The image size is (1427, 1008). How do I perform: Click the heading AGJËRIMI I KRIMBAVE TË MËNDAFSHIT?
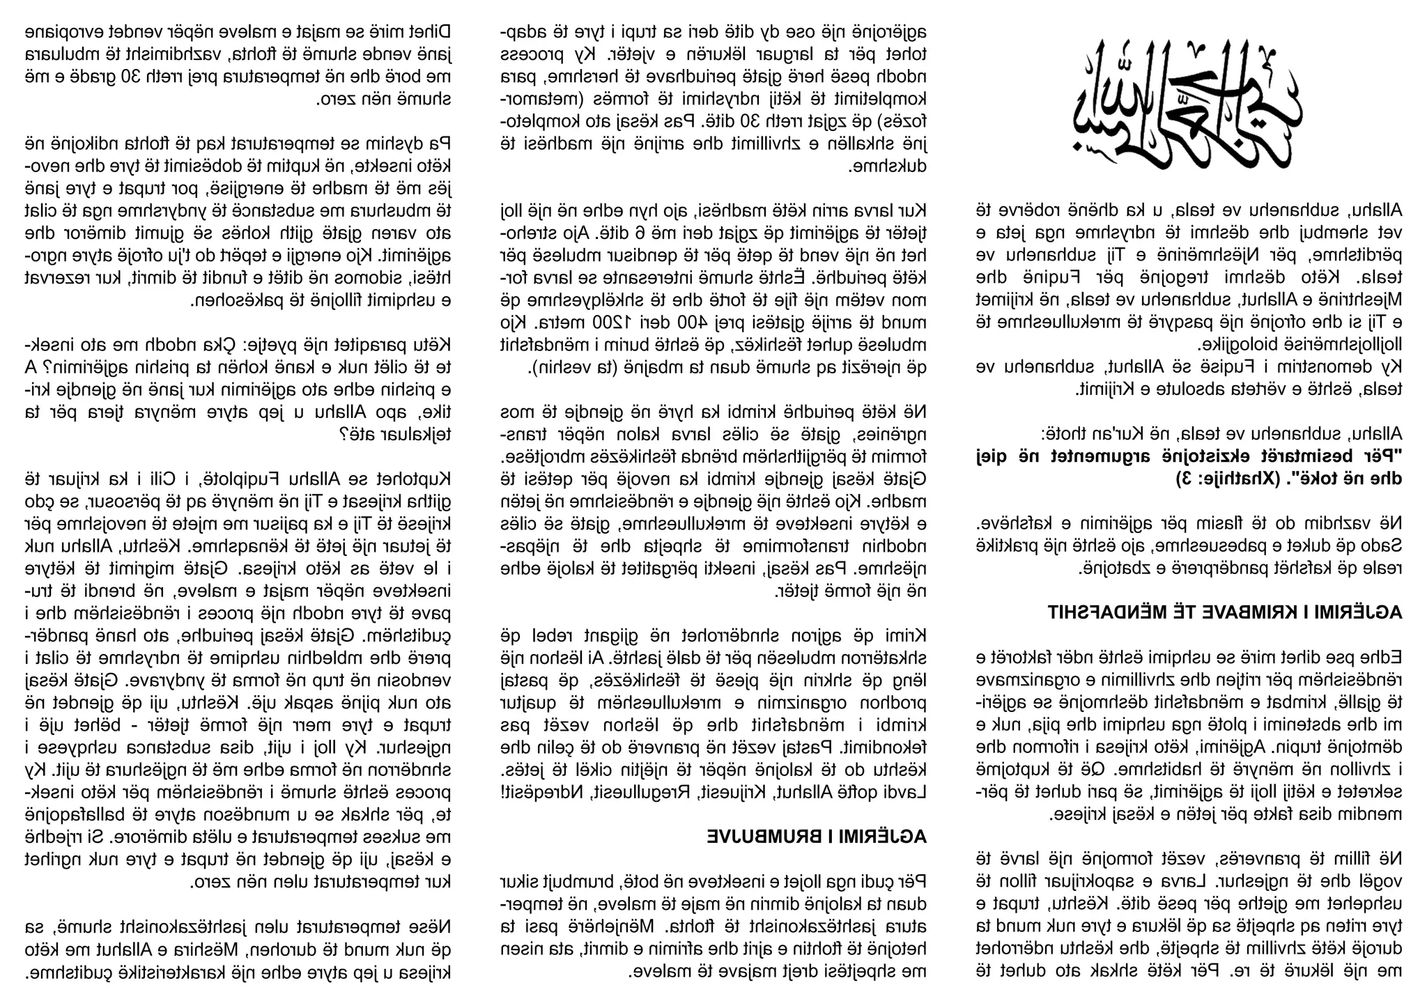point(1225,612)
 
